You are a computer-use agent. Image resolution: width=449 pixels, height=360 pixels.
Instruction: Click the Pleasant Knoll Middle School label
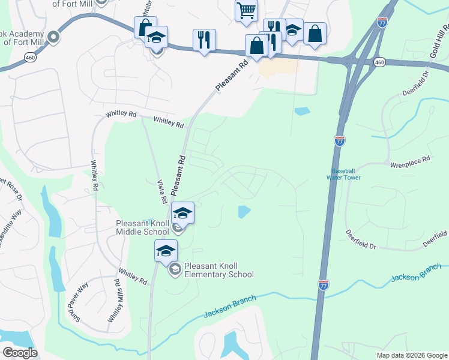[142, 227]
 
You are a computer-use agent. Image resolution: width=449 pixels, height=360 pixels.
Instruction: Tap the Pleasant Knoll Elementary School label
[219, 270]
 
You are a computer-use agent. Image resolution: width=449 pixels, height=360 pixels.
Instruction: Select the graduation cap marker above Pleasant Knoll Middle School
[183, 213]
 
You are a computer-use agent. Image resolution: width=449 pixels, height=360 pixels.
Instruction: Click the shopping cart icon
[246, 10]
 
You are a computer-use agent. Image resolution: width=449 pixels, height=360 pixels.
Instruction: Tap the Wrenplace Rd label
[411, 160]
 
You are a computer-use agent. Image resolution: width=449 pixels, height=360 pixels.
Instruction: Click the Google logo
[20, 353]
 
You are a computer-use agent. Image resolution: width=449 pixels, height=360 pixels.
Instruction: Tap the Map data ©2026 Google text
[411, 355]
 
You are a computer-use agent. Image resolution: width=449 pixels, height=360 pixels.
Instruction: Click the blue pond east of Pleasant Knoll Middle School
[244, 212]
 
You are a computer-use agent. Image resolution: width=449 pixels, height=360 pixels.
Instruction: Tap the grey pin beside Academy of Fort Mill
[53, 38]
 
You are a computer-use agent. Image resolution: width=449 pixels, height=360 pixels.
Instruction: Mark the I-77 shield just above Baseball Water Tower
[340, 141]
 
